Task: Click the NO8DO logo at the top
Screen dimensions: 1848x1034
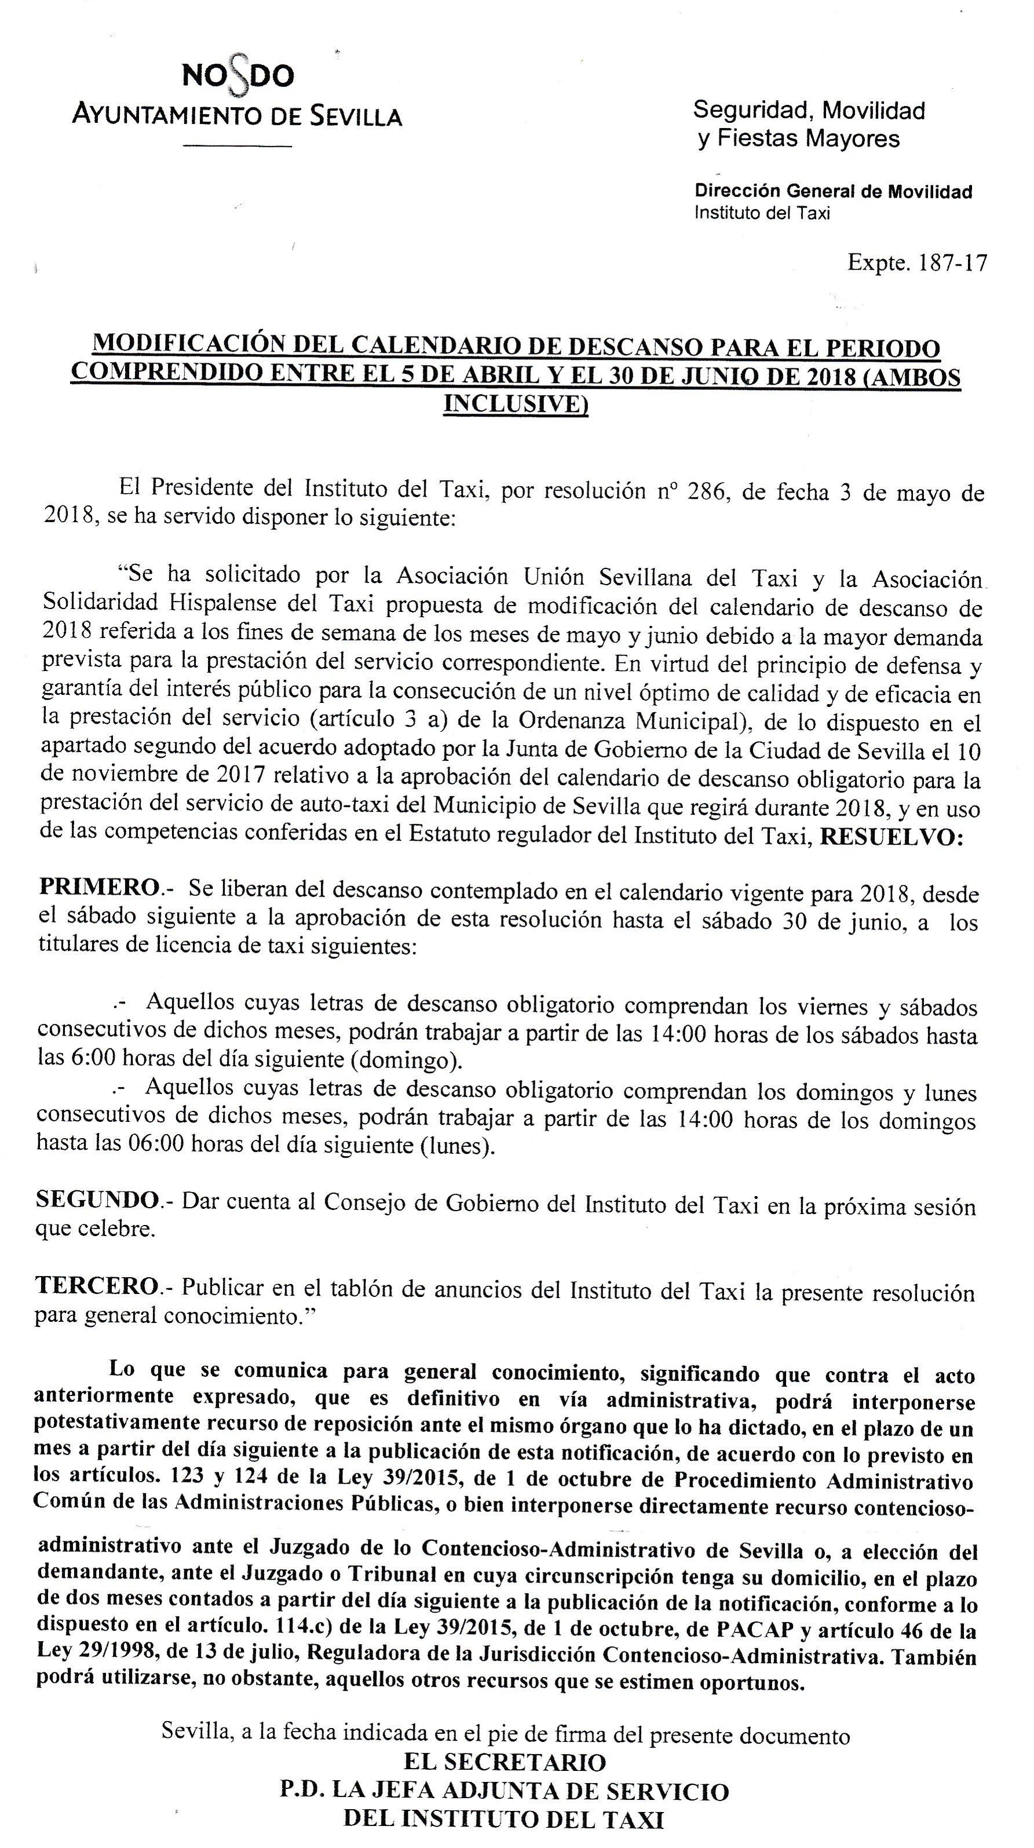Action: (238, 75)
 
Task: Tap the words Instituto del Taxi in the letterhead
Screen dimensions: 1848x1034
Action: (762, 213)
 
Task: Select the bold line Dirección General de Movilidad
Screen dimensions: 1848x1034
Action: (833, 192)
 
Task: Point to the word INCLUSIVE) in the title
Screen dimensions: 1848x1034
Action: (516, 403)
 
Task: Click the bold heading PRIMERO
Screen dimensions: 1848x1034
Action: (99, 887)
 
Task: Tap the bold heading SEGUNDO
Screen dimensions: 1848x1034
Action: (97, 1199)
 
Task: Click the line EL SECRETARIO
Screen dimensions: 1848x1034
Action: (505, 1762)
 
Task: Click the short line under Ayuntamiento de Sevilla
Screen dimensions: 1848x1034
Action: (238, 147)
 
